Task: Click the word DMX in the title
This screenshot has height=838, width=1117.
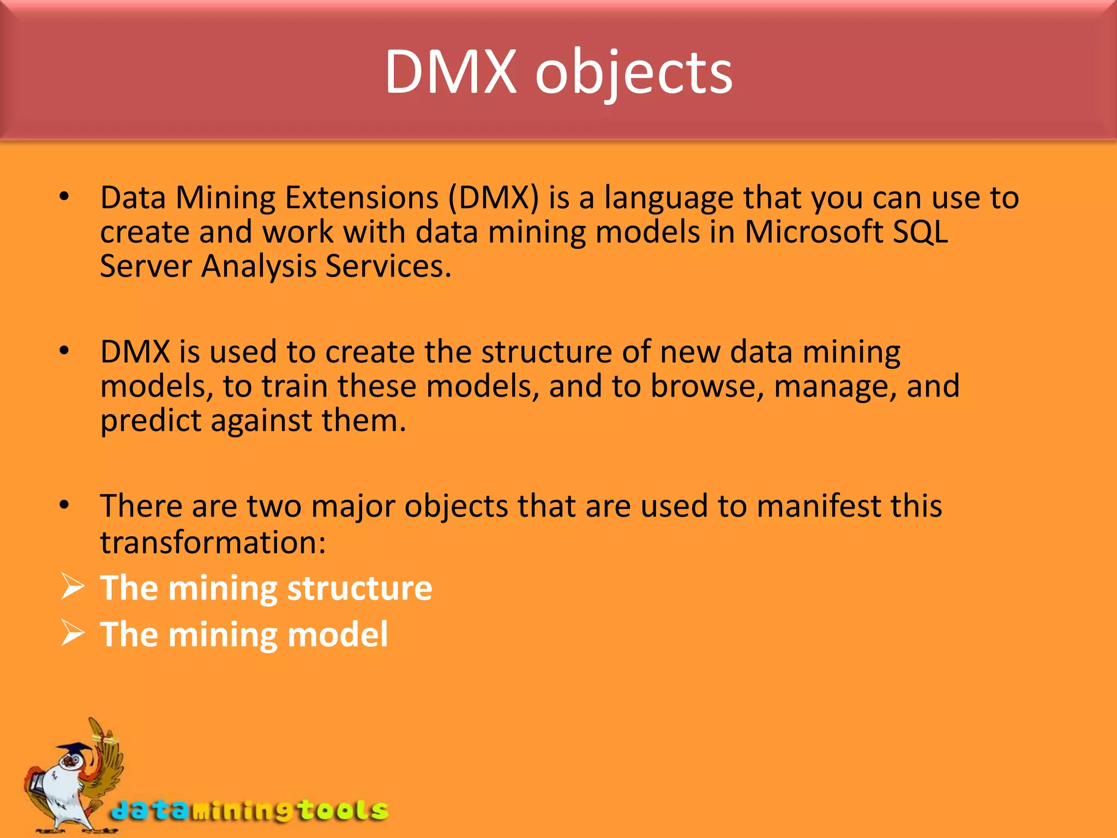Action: pos(451,72)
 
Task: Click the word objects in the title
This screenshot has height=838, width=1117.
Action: pos(634,74)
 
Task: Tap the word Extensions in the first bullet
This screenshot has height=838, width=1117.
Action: pos(362,197)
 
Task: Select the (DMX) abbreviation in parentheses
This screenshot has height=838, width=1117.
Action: pos(493,197)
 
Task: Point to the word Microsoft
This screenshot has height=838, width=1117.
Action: pos(813,232)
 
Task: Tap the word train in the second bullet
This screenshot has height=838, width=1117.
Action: pos(295,386)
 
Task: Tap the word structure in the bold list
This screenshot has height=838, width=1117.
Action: pos(359,589)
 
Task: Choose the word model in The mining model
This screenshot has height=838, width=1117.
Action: pos(337,635)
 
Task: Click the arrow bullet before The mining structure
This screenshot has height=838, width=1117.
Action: pos(73,587)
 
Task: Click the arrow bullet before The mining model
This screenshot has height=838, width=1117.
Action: pos(73,633)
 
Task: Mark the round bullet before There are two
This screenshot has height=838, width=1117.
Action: pos(64,505)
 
